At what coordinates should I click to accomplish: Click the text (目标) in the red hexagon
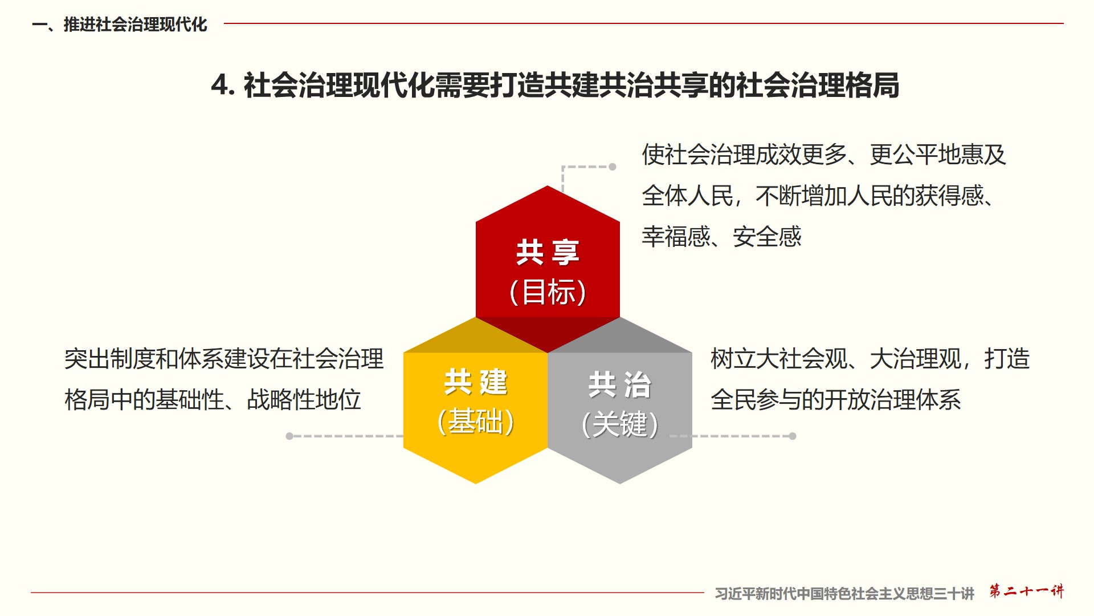[548, 292]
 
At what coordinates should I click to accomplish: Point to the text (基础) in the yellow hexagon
[476, 422]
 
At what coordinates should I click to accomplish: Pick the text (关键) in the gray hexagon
[620, 424]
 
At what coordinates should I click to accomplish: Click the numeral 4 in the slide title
[221, 86]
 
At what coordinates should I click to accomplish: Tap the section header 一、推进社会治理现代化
[120, 25]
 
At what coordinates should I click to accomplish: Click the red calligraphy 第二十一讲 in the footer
[1026, 591]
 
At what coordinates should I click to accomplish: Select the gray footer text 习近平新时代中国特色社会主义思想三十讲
[844, 594]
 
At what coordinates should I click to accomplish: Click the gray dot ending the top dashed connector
[613, 167]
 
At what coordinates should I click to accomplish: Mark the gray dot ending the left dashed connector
[289, 436]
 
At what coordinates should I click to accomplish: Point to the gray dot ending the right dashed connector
[793, 436]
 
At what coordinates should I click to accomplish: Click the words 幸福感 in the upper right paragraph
[676, 237]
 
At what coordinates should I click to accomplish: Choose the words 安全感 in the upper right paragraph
[767, 237]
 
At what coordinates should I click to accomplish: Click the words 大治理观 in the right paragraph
[916, 359]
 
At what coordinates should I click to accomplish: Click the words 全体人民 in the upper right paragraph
[688, 196]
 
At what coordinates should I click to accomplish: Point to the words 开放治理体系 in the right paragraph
[893, 400]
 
